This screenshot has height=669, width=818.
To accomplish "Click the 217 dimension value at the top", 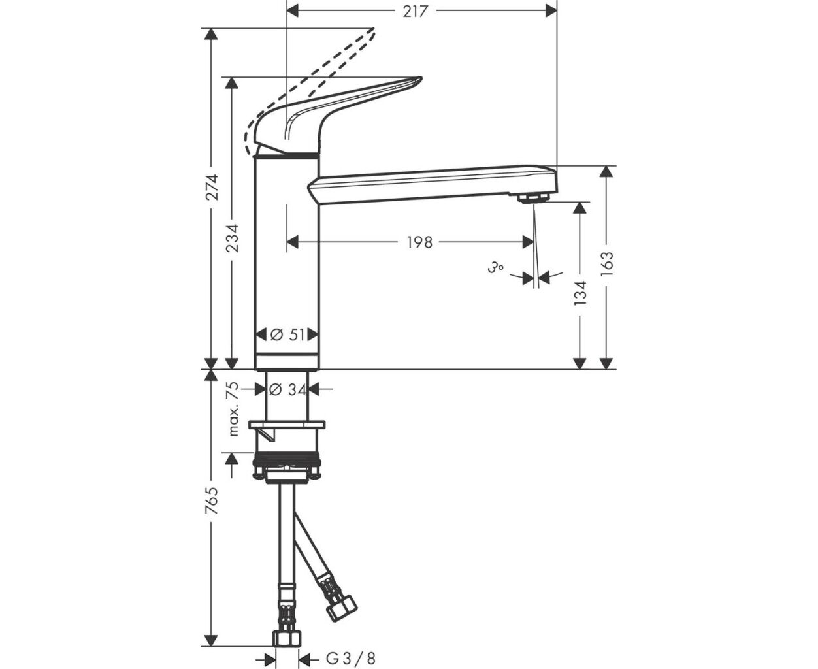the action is (x=415, y=11).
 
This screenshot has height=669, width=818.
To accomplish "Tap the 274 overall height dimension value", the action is (x=212, y=188).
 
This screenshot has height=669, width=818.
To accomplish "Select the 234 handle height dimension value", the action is (x=233, y=238).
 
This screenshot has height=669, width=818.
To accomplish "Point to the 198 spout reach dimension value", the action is (x=419, y=243).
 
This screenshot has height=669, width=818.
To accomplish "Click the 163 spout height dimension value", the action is (x=606, y=264).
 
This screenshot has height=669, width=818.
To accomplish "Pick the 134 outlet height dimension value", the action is (x=580, y=293).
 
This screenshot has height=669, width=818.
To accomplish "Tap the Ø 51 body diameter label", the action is (x=287, y=334).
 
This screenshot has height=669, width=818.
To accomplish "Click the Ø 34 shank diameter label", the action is (x=287, y=389).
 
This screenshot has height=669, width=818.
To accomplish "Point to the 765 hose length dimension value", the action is (x=212, y=500).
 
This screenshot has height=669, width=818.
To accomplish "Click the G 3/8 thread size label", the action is (x=351, y=659).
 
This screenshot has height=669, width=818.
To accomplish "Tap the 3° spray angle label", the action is (x=495, y=268).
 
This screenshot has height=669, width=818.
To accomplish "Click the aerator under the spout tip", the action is (x=533, y=198).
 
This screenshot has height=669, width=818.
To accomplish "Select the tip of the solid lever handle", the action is (x=421, y=79).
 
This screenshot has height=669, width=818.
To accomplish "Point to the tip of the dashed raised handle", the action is (x=374, y=30).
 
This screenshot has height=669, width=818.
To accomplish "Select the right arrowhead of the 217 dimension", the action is (x=551, y=12).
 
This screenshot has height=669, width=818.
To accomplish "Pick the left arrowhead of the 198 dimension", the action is (x=293, y=242).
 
